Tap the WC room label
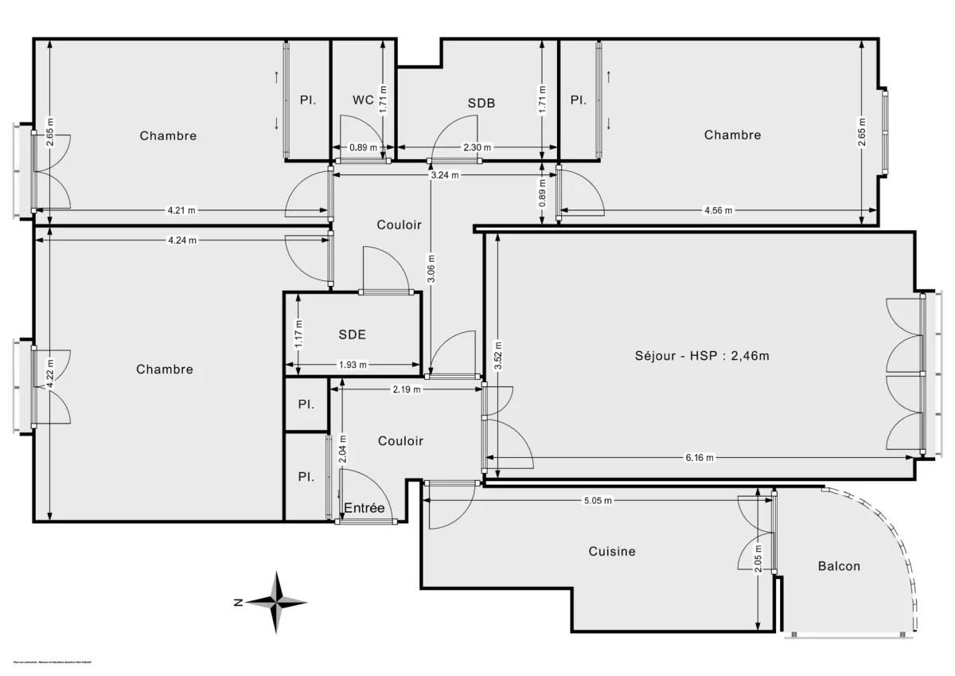coord(364,100)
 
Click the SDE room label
coord(352,334)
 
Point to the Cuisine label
coord(612,551)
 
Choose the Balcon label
coord(839,566)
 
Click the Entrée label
coord(364,508)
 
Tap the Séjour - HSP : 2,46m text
coord(701,356)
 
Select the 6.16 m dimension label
coord(700,458)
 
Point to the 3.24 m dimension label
coord(444,175)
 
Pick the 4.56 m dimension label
coord(717,211)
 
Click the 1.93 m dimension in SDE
coord(352,365)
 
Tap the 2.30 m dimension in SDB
coord(477,147)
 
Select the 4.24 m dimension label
coord(183,240)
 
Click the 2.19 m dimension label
coord(407,389)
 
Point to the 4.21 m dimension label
coord(181,211)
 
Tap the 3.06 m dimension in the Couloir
coord(431,268)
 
